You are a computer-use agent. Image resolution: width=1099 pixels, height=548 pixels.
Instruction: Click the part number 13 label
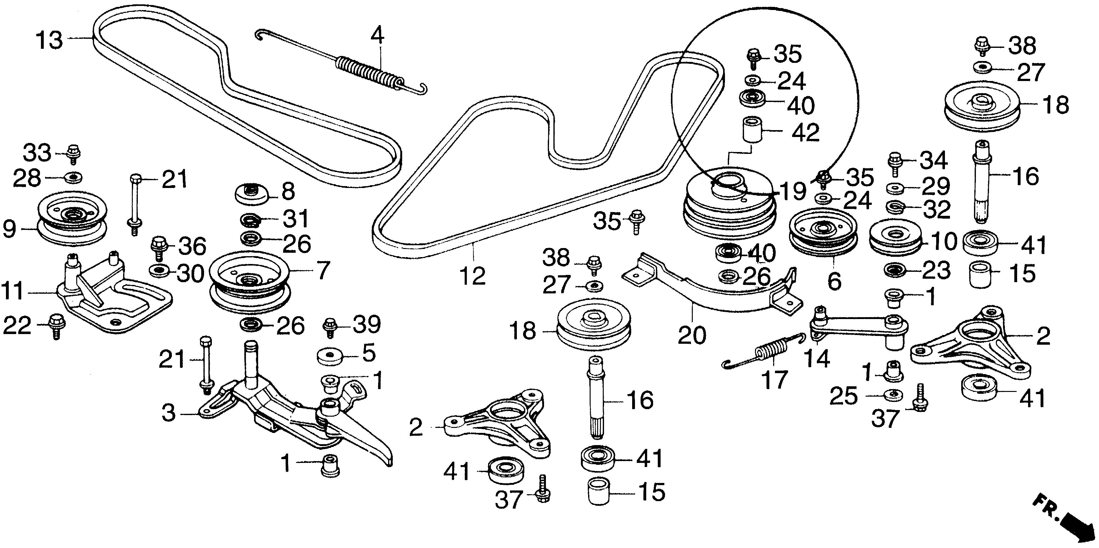[x=49, y=40]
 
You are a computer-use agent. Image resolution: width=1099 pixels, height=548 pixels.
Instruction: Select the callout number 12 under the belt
[x=473, y=276]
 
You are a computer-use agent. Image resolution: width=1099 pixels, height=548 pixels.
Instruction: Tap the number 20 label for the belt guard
[x=692, y=335]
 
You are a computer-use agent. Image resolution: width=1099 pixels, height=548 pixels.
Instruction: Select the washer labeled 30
[x=159, y=270]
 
